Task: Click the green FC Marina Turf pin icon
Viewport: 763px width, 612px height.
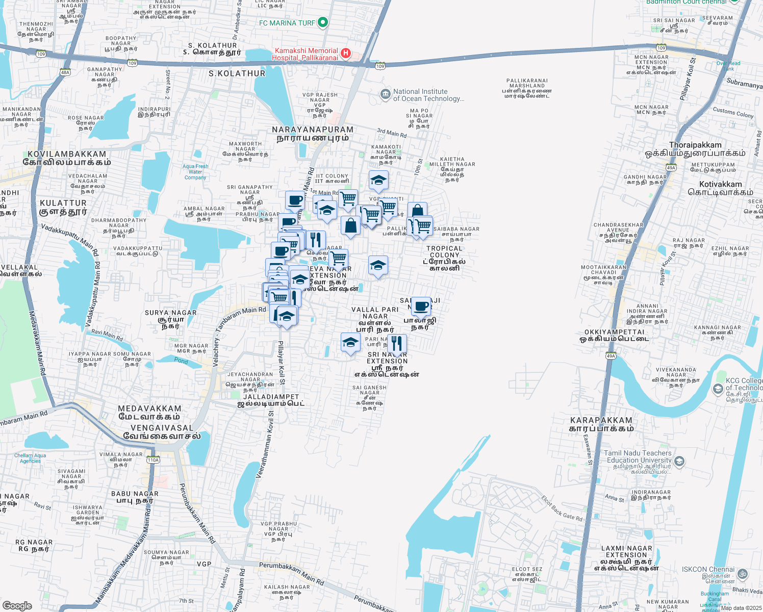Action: coord(322,22)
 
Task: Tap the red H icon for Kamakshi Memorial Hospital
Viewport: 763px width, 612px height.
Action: coord(346,53)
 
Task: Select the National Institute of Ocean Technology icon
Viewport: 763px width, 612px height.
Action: coord(385,94)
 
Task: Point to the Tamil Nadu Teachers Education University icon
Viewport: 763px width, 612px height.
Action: coord(679,462)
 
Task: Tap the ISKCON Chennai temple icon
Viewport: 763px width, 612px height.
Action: coord(743,574)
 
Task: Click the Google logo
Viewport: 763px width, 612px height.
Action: coord(17,605)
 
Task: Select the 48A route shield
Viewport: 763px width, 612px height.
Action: coord(65,72)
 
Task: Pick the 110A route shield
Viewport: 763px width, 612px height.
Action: coord(153,460)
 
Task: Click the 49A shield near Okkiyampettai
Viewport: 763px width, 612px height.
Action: coord(611,355)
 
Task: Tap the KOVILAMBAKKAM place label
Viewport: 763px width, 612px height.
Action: coord(67,158)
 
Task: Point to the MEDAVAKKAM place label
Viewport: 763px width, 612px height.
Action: coord(149,413)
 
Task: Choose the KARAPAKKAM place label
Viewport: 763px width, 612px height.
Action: coord(601,424)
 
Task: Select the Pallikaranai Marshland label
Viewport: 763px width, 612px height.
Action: coord(527,88)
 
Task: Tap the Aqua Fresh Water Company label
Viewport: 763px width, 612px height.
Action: coord(195,172)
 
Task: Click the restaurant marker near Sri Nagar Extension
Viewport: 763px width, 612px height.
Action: coord(397,344)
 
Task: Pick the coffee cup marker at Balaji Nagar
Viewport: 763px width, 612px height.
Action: coord(421,307)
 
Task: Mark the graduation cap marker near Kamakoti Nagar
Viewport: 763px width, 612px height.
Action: coord(378,180)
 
